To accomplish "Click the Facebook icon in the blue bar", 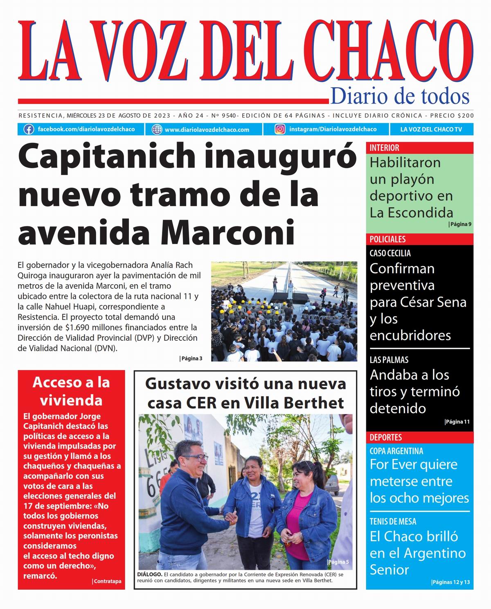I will coord(29,129).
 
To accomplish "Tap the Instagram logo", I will coord(280,129).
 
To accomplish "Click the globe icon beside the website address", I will coord(157,129).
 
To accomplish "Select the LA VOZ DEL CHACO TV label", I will coord(431,129).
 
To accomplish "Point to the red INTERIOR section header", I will coord(385,148).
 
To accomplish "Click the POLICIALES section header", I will coord(387,239).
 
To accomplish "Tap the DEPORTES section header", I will coord(385,437).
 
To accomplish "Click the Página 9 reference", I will coord(460,224).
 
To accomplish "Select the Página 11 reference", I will coord(457,422).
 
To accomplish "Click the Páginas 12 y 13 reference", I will coord(450,582).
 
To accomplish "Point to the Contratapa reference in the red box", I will coord(107,581).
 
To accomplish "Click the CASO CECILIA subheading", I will coord(390,253).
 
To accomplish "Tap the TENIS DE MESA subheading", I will coord(393,521).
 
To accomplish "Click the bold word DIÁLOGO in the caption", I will coord(150,575).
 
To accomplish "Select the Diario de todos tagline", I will coord(400,96).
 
